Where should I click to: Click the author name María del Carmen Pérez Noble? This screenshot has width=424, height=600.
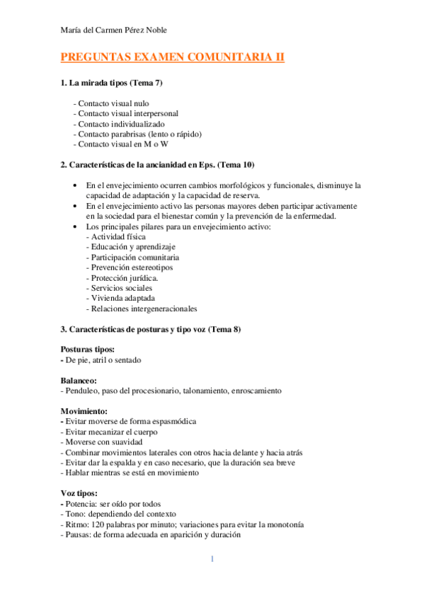[114, 30]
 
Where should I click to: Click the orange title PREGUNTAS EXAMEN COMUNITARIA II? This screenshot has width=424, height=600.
[173, 58]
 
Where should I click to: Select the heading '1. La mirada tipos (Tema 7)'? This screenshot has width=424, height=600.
[112, 83]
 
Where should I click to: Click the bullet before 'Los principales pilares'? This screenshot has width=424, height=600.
[76, 226]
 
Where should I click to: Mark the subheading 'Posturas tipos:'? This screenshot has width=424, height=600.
[88, 350]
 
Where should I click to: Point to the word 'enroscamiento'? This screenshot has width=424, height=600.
[256, 391]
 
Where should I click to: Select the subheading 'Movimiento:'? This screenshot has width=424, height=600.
[84, 410]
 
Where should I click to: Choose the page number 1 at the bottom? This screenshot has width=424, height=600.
[212, 560]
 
